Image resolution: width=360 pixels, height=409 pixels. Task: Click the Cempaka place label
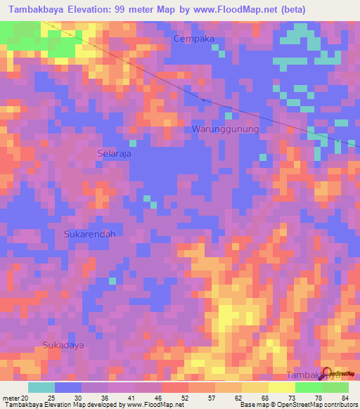(195, 39)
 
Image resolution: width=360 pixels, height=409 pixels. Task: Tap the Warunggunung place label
(225, 129)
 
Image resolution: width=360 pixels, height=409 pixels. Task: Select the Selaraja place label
(113, 152)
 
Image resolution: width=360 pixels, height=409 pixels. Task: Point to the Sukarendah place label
(89, 233)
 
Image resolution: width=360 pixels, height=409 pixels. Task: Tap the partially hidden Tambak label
(304, 375)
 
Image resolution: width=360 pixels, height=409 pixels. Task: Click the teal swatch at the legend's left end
(41, 387)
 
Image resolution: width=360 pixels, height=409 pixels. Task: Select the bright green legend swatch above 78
(308, 387)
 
